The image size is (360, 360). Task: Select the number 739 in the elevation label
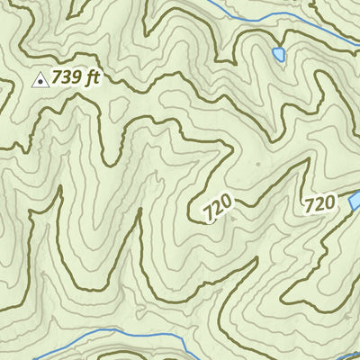(x=66, y=78)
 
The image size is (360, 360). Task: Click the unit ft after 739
(x=91, y=78)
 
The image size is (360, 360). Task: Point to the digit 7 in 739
(x=57, y=78)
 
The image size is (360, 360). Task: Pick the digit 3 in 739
(x=66, y=78)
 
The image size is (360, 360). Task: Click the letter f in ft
(x=87, y=78)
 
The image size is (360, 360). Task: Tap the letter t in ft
(x=94, y=78)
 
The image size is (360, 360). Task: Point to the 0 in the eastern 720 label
(x=329, y=202)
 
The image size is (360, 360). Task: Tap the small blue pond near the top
(x=279, y=56)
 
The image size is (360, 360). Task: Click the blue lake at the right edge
(x=355, y=201)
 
